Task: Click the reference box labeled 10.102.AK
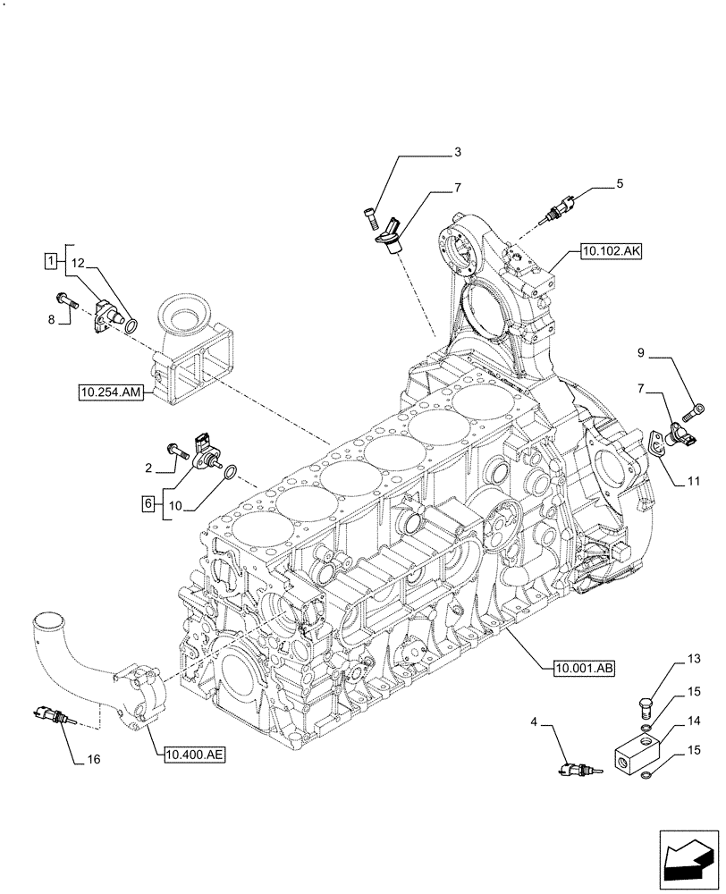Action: point(611,251)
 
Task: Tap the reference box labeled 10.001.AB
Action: point(576,667)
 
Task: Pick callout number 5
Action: point(619,184)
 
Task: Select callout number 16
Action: point(94,760)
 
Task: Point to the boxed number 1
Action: point(52,260)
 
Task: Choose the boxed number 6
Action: point(148,504)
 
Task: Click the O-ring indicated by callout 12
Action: point(131,325)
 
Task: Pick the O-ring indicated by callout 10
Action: point(230,471)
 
